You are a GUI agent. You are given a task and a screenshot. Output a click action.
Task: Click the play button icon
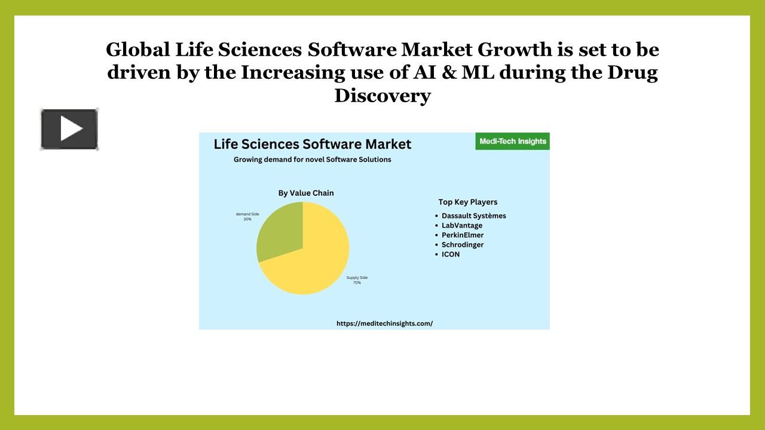pyautogui.click(x=69, y=129)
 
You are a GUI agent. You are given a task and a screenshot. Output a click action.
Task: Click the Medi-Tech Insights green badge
pyautogui.click(x=513, y=142)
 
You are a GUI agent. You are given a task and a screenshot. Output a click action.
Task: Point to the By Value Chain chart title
pyautogui.click(x=306, y=193)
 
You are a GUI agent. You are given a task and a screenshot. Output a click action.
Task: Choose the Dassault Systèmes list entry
pyautogui.click(x=473, y=216)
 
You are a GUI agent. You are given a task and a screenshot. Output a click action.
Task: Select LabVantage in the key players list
pyautogui.click(x=461, y=225)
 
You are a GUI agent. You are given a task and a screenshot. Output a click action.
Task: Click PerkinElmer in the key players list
pyautogui.click(x=463, y=235)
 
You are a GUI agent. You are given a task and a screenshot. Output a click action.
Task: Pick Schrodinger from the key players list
pyautogui.click(x=463, y=244)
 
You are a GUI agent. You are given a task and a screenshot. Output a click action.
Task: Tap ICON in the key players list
pyautogui.click(x=451, y=254)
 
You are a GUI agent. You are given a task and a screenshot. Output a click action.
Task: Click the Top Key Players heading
pyautogui.click(x=468, y=202)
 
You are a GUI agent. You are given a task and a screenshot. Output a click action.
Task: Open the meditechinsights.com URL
pyautogui.click(x=384, y=323)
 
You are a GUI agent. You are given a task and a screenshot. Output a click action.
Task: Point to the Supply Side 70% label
pyautogui.click(x=357, y=280)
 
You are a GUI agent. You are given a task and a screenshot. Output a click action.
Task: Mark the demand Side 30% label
pyautogui.click(x=247, y=216)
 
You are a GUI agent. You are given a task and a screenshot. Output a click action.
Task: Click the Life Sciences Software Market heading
pyautogui.click(x=313, y=144)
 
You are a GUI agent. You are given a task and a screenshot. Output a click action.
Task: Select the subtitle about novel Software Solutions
pyautogui.click(x=312, y=159)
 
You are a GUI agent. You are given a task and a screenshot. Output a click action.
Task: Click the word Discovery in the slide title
pyautogui.click(x=382, y=96)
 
